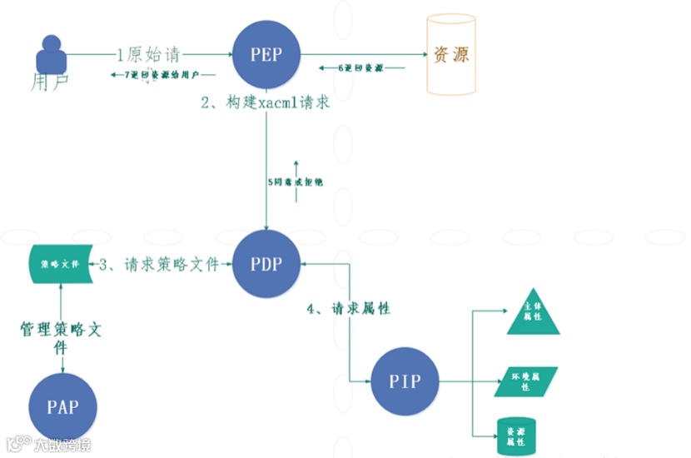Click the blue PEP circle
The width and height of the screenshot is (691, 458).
coord(266,55)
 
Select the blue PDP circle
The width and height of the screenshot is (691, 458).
coord(266,264)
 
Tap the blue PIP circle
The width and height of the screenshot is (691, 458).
coord(404,381)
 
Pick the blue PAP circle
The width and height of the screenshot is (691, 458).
coord(62,407)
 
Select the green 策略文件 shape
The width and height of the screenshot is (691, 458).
coord(59,265)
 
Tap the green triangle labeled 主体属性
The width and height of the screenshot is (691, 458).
coord(533,313)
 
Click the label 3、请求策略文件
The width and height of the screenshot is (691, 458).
coord(158,265)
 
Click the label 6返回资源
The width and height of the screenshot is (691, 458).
coord(361,67)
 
